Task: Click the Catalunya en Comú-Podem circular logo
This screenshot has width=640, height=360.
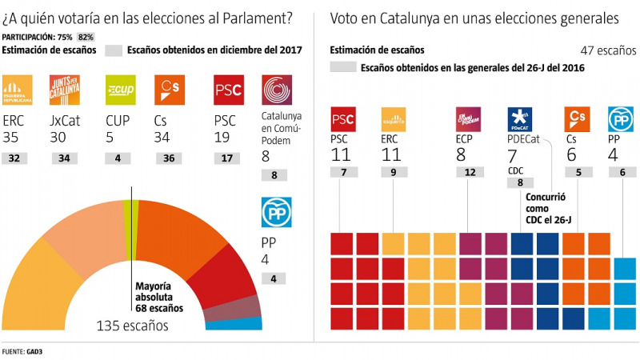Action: (277, 93)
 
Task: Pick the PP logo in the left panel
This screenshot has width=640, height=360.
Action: (276, 213)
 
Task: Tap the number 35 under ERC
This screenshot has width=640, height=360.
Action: (14, 139)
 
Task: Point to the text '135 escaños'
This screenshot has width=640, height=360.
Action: (132, 326)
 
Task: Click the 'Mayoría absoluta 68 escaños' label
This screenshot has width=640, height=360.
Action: (158, 296)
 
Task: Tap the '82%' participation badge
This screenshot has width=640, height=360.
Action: (86, 37)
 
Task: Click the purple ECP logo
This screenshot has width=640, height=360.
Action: (468, 120)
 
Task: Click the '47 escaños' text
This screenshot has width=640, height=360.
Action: (602, 50)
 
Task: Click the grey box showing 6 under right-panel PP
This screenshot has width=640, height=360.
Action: (623, 172)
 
